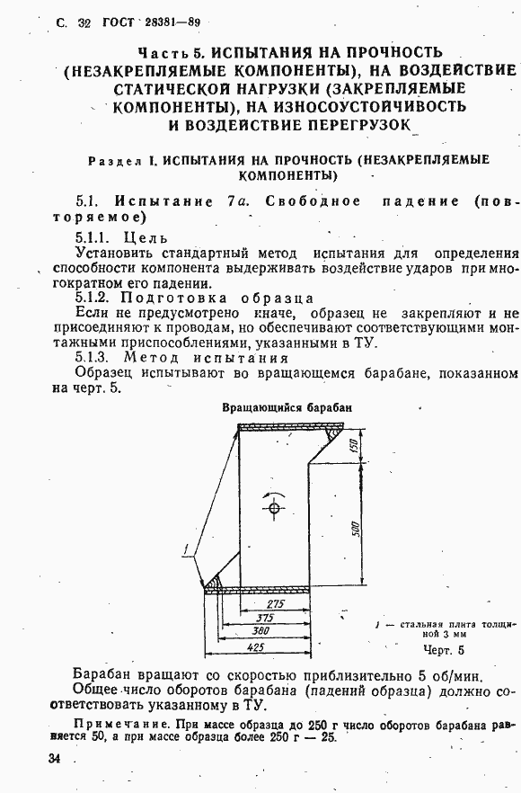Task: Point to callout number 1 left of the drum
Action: (x=185, y=548)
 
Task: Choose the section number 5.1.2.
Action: (x=93, y=298)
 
